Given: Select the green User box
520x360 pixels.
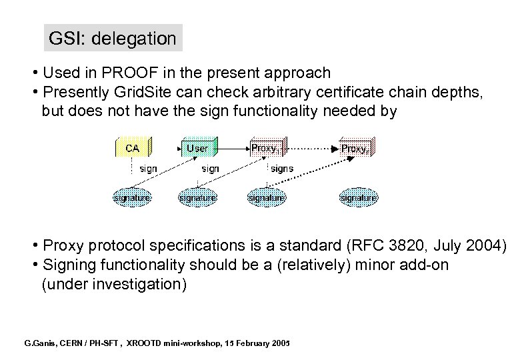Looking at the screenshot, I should (197, 148).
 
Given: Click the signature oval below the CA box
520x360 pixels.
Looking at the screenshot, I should (131, 197).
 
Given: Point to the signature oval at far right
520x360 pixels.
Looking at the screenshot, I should (358, 197).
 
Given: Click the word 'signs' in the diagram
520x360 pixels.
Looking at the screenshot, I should (282, 169).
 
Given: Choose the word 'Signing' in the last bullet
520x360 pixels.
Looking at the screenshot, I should (69, 265).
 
